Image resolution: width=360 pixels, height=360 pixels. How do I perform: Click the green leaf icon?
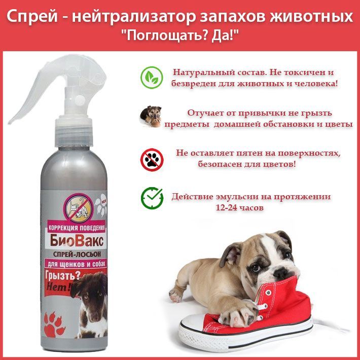pos(152,78)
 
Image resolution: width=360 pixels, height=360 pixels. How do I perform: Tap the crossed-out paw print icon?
pos(152,159)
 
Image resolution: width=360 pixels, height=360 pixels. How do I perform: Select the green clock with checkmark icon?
pos(152,198)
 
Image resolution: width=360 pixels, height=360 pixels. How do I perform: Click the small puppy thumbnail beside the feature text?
pos(151,116)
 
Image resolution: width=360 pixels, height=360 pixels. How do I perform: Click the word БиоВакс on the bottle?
pos(77,241)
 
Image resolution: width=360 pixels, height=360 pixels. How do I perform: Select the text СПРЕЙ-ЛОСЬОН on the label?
pos(77,254)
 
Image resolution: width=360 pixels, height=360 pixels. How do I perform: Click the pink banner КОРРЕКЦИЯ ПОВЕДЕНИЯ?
pos(77,228)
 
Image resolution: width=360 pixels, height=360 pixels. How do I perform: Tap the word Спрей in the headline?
pos(32,17)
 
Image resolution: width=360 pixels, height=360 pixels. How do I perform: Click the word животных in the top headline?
pos(311,17)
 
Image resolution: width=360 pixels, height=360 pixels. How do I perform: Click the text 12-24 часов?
pos(239,208)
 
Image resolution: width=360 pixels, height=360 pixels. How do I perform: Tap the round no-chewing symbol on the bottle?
pos(78,208)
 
